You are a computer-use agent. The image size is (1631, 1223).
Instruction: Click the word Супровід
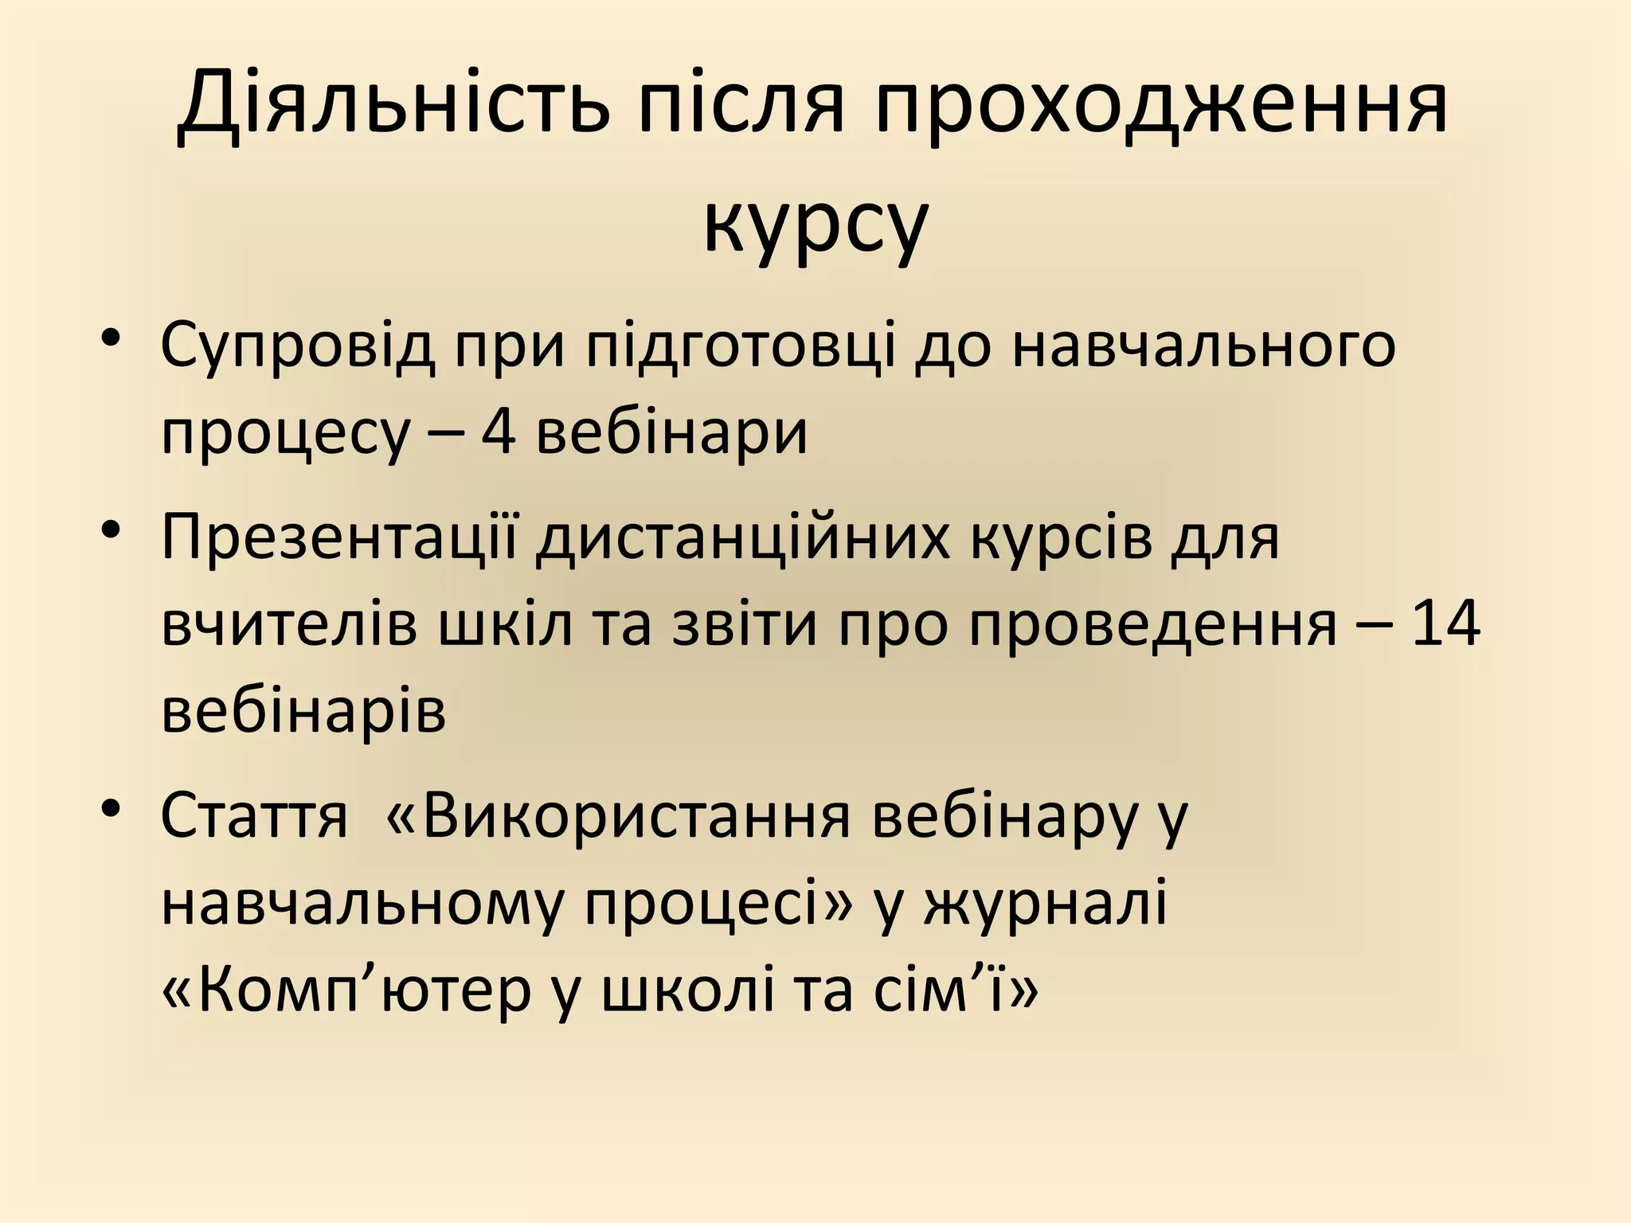(298, 347)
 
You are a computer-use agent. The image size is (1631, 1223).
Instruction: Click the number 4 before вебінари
(498, 435)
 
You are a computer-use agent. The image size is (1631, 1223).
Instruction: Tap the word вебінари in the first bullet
(672, 435)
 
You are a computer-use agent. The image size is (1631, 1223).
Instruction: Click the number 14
(1444, 624)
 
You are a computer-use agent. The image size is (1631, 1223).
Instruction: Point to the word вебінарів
(303, 711)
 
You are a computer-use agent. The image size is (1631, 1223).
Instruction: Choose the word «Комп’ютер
(346, 991)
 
